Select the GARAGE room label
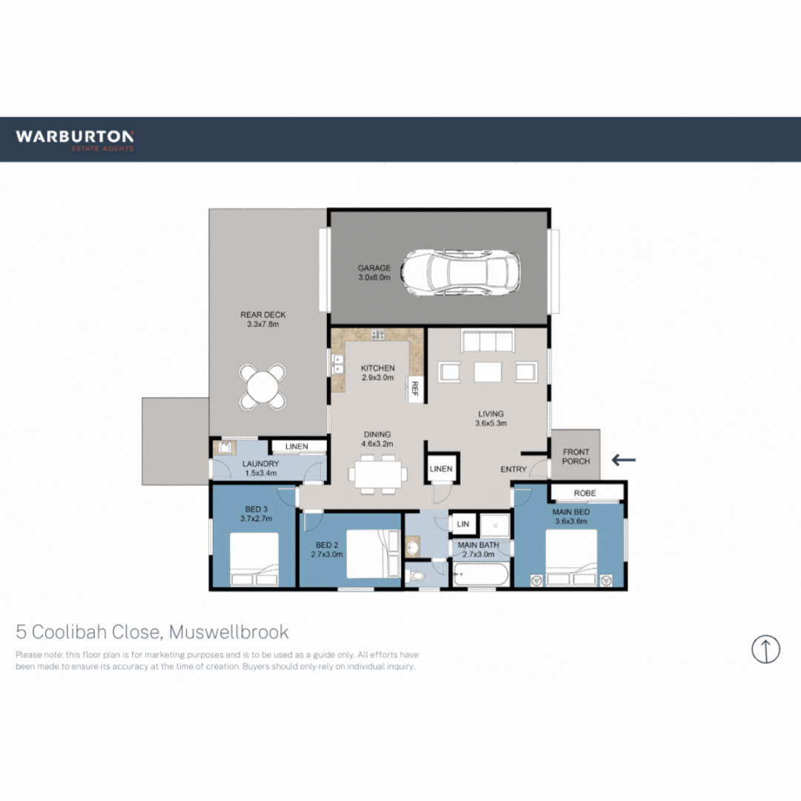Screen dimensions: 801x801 pos(374,268)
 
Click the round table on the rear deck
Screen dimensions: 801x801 pos(263,386)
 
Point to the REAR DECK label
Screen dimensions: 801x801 pos(263,314)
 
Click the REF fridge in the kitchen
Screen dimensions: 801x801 pos(415,390)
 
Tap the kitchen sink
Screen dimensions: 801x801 pos(339,364)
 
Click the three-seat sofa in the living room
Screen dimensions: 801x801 pos(487,341)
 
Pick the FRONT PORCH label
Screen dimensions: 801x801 pos(576,456)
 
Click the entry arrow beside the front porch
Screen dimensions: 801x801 pos(624,460)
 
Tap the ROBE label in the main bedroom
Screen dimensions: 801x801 pos(586,493)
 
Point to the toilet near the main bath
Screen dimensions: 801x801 pos(418,575)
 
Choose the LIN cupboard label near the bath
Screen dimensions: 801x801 pos(464,524)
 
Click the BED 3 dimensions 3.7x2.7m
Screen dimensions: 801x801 pos(256,519)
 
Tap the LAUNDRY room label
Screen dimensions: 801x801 pos(260,465)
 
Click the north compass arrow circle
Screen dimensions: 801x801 pos(765,649)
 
